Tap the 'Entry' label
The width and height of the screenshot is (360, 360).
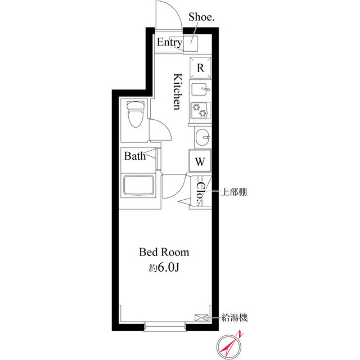tap(169, 42)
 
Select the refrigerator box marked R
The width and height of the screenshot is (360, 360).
tap(200, 67)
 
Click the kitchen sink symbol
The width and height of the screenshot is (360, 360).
tap(200, 89)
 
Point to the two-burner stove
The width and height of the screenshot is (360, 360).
tap(200, 110)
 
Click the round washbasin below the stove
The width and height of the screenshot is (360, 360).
tap(201, 137)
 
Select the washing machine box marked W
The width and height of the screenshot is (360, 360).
tap(200, 161)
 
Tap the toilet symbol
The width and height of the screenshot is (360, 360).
tap(134, 115)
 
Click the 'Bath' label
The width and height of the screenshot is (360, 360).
tap(135, 156)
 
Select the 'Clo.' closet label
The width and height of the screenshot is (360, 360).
tap(200, 191)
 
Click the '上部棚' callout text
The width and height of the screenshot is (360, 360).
tap(232, 192)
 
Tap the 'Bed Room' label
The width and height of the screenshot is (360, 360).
tap(164, 252)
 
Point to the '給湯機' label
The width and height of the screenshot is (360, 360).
tap(235, 318)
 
